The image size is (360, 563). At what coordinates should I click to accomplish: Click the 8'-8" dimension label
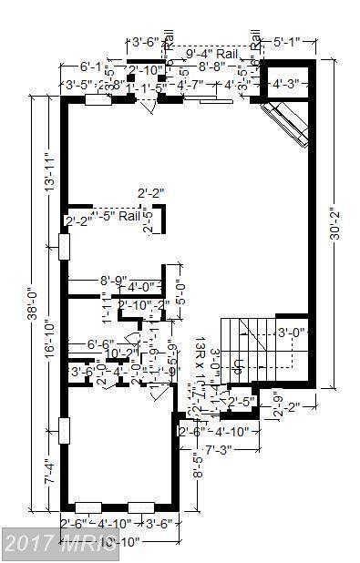tap(217, 67)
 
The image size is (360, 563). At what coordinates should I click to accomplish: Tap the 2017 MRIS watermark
tap(60, 548)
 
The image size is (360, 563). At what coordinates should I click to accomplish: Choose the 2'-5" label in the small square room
tap(242, 400)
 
